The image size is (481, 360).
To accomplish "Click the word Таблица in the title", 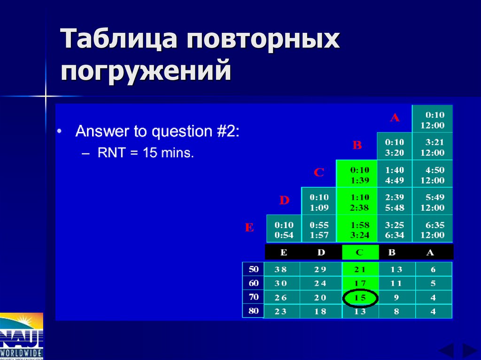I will (x=119, y=39).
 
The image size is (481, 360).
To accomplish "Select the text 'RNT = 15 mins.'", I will (x=146, y=153).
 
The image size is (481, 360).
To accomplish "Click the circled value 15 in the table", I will (x=360, y=298).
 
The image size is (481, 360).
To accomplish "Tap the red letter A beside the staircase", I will (x=395, y=118).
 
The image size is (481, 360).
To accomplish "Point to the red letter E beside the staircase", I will (x=249, y=228).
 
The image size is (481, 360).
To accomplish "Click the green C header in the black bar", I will (x=360, y=252).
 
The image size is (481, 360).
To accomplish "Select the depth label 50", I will (x=253, y=269).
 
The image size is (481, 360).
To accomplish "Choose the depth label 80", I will (x=253, y=311).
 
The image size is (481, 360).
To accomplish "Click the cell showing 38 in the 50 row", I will (x=281, y=269).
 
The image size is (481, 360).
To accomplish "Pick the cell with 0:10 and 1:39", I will (x=360, y=174).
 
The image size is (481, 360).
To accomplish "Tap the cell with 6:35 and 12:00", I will (x=432, y=230).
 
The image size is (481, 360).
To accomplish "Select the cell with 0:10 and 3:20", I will (x=395, y=146).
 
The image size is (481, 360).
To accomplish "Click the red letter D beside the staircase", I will (x=284, y=201).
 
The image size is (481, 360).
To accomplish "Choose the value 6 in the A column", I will (x=433, y=269).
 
